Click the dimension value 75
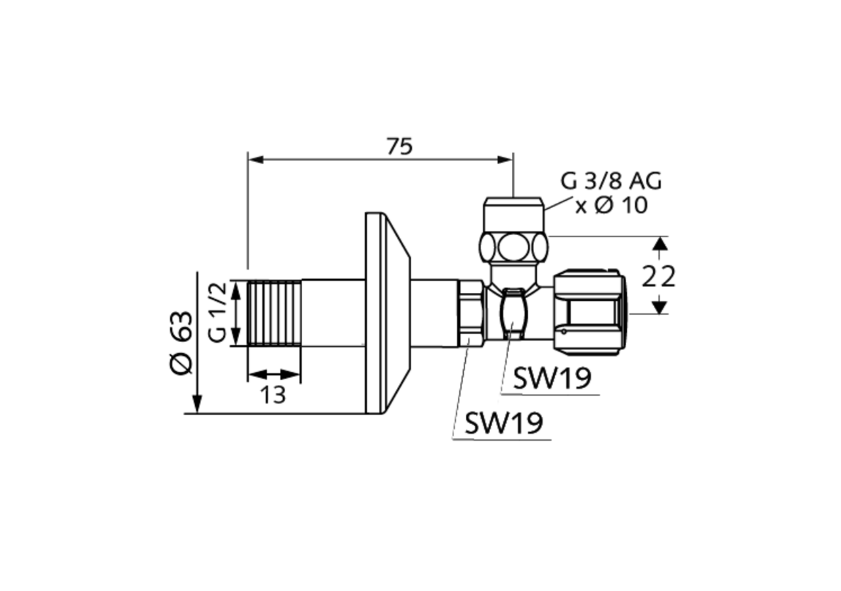(x=399, y=146)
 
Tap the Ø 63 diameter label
(x=182, y=342)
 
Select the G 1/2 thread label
(x=218, y=312)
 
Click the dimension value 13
(x=273, y=395)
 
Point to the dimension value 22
(x=658, y=277)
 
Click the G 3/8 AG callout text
(x=610, y=181)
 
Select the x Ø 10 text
(x=612, y=206)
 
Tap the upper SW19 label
(x=552, y=378)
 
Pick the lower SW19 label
(x=504, y=424)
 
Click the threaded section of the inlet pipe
(x=275, y=313)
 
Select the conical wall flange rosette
(x=388, y=313)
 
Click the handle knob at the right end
(x=589, y=313)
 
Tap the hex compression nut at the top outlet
(x=513, y=247)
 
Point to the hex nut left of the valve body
(x=472, y=313)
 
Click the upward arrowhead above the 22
(x=660, y=244)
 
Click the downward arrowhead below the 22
(x=660, y=307)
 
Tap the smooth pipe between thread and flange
(x=333, y=313)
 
